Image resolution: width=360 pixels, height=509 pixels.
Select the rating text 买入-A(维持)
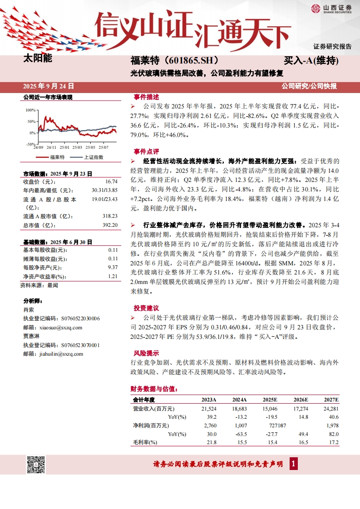tap(311, 60)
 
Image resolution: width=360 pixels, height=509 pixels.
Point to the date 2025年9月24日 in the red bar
tap(49, 86)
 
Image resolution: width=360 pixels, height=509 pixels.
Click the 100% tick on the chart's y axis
tap(30, 110)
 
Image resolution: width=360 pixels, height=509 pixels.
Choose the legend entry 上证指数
tap(94, 157)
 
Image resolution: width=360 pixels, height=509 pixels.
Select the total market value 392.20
tap(110, 225)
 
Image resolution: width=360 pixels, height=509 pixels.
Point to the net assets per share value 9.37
tap(113, 268)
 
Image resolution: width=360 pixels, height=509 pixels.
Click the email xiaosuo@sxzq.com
tap(61, 328)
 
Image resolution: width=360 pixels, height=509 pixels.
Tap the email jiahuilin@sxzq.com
tap(61, 354)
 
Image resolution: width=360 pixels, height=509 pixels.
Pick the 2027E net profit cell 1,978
tap(332, 426)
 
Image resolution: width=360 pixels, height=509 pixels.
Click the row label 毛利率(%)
tap(145, 442)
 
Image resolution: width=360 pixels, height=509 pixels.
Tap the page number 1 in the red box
tap(294, 464)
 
